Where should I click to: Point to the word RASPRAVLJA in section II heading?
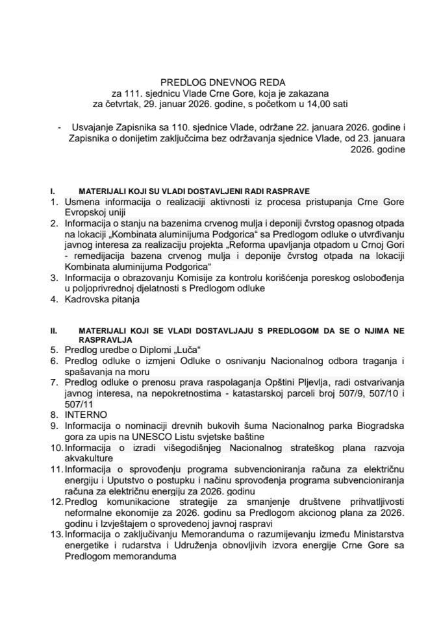[x=107, y=339]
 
